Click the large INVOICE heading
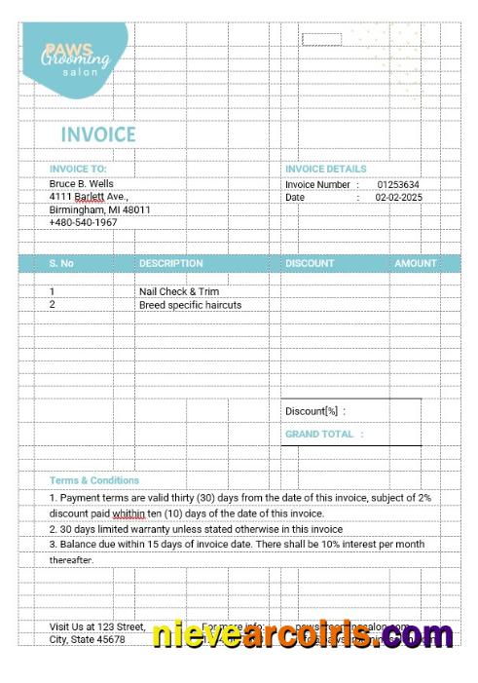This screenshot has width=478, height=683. (x=98, y=134)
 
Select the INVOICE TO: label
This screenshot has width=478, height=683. (x=78, y=169)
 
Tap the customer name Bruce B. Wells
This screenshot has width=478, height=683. (x=82, y=183)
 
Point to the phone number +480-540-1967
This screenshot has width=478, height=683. (x=83, y=222)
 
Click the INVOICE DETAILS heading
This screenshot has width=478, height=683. (x=326, y=169)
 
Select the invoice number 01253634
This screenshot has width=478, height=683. (x=398, y=184)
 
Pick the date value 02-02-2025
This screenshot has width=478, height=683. (x=398, y=197)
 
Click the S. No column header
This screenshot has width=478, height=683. (x=61, y=263)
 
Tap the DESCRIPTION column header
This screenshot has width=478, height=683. (x=171, y=263)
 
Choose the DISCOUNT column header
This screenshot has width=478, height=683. (x=310, y=263)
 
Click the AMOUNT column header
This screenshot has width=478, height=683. (x=416, y=263)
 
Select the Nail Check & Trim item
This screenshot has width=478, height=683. (x=179, y=291)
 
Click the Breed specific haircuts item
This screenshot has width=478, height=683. (x=190, y=304)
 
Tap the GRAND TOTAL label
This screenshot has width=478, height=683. (x=323, y=434)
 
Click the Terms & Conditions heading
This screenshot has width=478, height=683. (x=94, y=480)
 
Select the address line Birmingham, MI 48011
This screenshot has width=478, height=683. (x=99, y=209)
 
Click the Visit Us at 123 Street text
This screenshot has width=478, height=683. (x=97, y=626)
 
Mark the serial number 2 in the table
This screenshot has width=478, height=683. (x=53, y=304)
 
